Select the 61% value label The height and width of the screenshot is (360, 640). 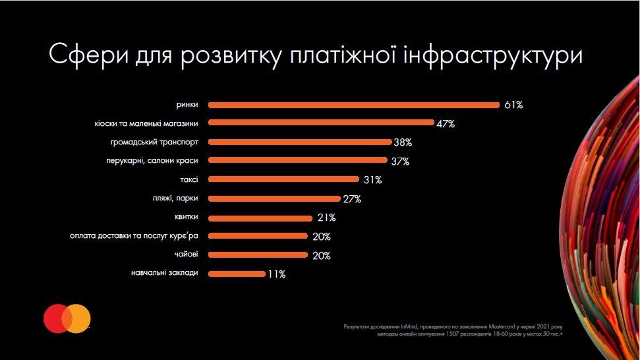[x=513, y=105]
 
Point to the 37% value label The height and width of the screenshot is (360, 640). [x=400, y=162]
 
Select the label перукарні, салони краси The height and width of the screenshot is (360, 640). [x=152, y=161]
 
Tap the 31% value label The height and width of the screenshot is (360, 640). [x=372, y=180]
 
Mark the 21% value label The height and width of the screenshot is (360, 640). [x=326, y=218]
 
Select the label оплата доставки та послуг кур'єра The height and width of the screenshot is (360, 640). [x=134, y=236]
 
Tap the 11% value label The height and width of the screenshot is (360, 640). [x=277, y=274]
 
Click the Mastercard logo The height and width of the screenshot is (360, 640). [x=67, y=318]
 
